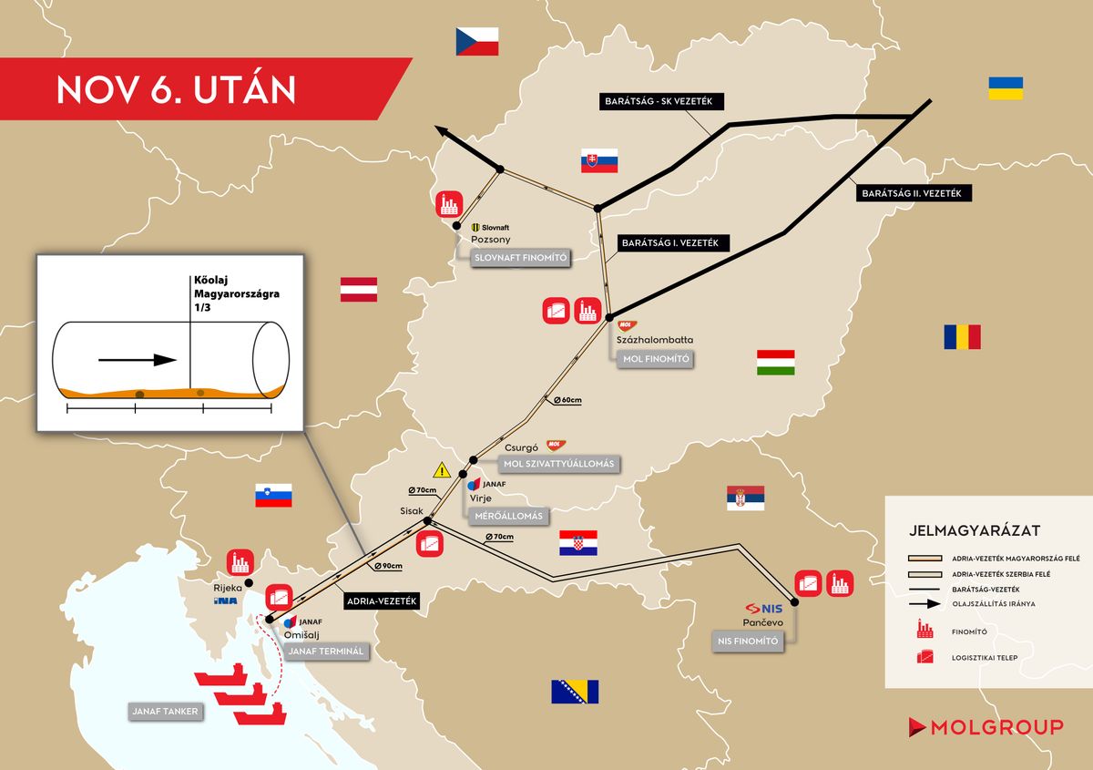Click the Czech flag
[478, 41]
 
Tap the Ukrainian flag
[1006, 88]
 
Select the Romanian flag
[962, 337]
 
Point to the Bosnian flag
[575, 692]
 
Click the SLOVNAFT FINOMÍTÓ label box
[520, 259]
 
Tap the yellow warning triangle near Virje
[442, 470]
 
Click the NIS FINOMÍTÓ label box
[745, 642]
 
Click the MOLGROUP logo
[986, 726]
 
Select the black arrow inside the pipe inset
[138, 360]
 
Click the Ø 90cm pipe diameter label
[389, 565]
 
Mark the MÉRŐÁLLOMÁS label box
[509, 516]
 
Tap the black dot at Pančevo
[794, 602]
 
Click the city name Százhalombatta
[655, 340]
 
